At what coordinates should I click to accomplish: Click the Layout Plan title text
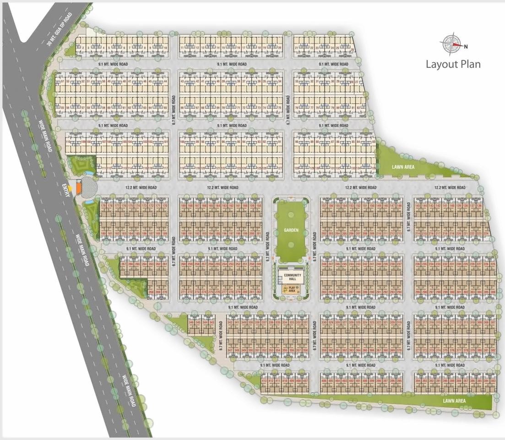coord(453,64)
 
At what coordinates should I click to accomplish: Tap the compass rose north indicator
coord(452,44)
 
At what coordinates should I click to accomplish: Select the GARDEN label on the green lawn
coord(291,231)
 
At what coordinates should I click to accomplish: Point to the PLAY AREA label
coord(292,289)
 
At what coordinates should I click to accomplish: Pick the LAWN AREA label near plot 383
coord(454,401)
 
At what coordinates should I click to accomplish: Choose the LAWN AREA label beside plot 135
coord(403,167)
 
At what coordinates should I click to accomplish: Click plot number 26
coord(353,49)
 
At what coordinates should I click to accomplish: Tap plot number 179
coord(103,206)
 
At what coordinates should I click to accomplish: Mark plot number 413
coord(264,381)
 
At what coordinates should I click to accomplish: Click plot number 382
coord(493,350)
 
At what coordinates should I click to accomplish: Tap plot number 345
coord(198,323)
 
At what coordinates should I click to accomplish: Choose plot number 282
coord(259,292)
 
